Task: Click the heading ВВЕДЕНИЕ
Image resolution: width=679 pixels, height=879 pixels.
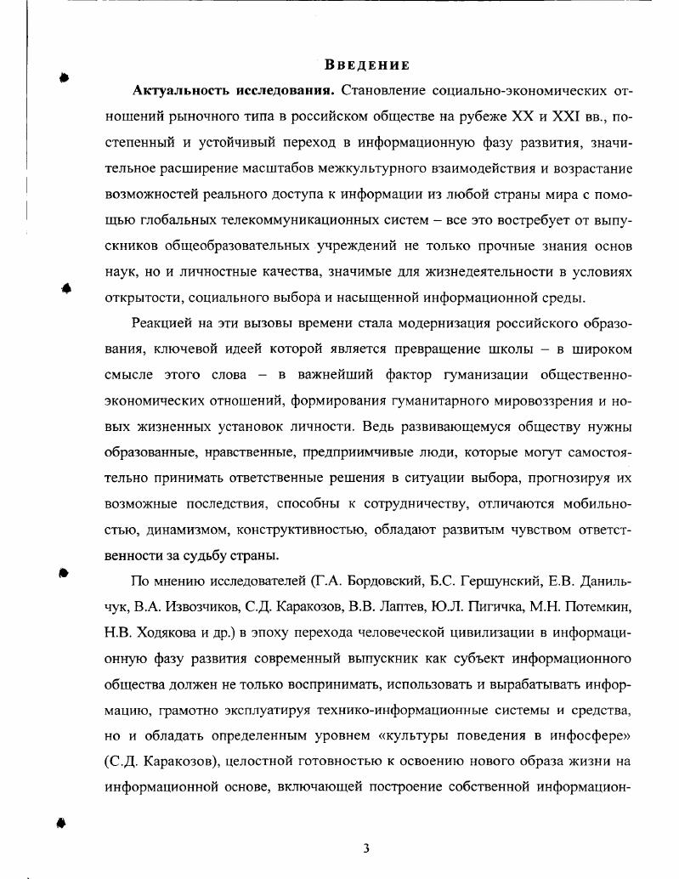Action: (x=367, y=65)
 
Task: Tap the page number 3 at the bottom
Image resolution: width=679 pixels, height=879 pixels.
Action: (x=366, y=848)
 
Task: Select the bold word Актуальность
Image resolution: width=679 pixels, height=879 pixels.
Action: (x=177, y=90)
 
